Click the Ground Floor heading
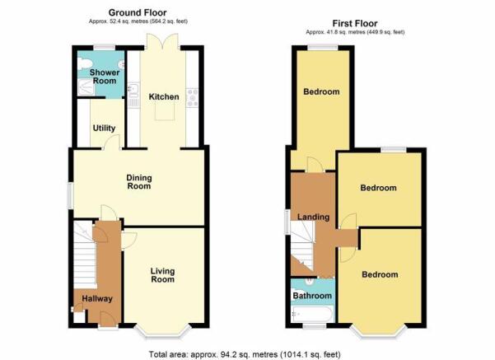tap(138, 12)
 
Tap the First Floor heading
tap(355, 23)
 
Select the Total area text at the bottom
tap(245, 354)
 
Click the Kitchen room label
tap(164, 96)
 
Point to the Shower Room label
tap(105, 77)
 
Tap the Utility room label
tap(104, 129)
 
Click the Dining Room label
tap(139, 182)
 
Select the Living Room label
tap(162, 275)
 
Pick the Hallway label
tap(97, 299)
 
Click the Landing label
tap(313, 217)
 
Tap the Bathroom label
tap(312, 296)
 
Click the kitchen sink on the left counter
tap(134, 90)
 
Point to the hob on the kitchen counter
tap(192, 97)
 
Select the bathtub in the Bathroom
tap(311, 314)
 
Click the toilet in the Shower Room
tap(84, 64)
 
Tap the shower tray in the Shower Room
tap(86, 87)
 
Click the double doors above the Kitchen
tap(163, 41)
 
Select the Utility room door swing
tap(112, 142)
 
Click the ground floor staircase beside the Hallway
tap(85, 255)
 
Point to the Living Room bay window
tap(163, 331)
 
